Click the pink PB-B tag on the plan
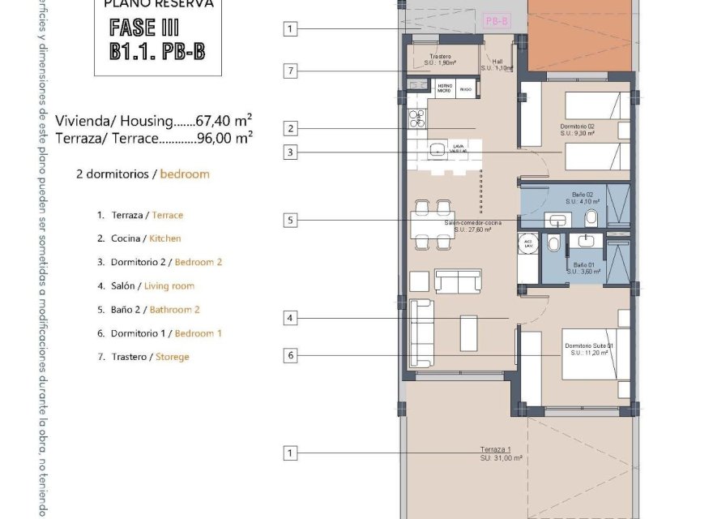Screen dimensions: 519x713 (x=496, y=21)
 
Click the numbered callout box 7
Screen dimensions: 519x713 (x=290, y=71)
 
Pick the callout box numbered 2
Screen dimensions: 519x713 (x=290, y=127)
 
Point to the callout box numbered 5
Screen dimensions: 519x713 (x=290, y=220)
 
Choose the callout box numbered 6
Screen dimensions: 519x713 (x=290, y=354)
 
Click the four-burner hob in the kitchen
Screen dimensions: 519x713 (x=416, y=118)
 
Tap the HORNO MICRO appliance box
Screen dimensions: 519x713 (x=445, y=88)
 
